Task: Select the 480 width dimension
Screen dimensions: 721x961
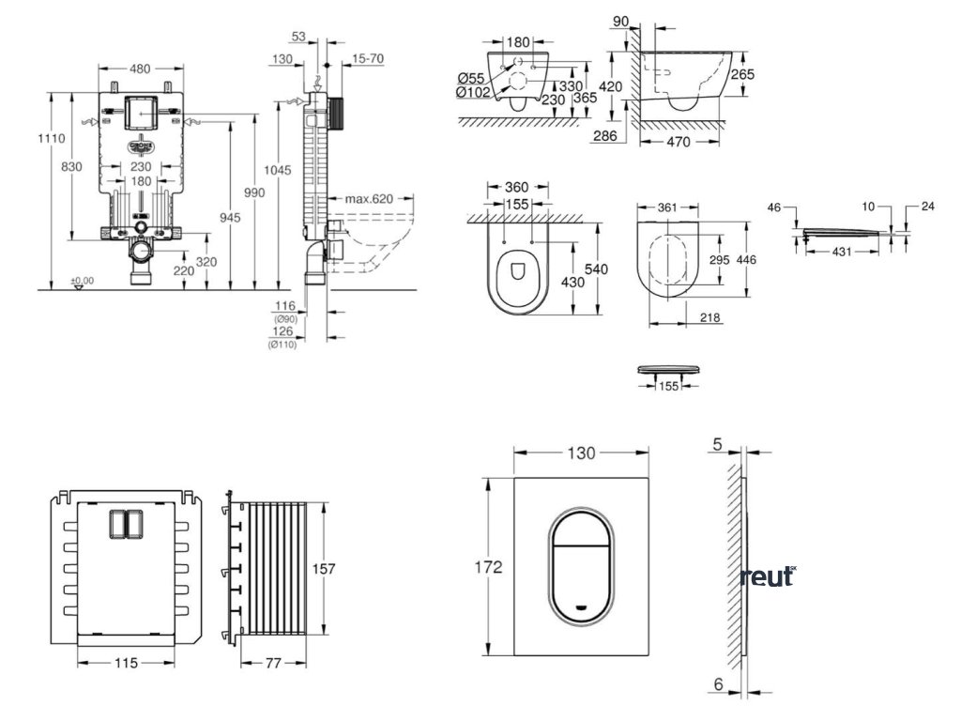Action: (139, 68)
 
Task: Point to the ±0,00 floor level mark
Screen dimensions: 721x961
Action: (83, 281)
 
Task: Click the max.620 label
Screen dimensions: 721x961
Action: (367, 199)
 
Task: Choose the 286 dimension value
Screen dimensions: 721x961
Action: (605, 136)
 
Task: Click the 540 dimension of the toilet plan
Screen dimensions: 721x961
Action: (597, 269)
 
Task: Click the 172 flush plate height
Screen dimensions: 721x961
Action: (488, 567)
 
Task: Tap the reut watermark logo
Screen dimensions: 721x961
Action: (767, 575)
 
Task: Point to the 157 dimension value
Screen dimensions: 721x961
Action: (323, 569)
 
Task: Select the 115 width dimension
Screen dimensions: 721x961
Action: (126, 663)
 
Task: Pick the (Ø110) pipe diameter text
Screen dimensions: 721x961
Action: (282, 344)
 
